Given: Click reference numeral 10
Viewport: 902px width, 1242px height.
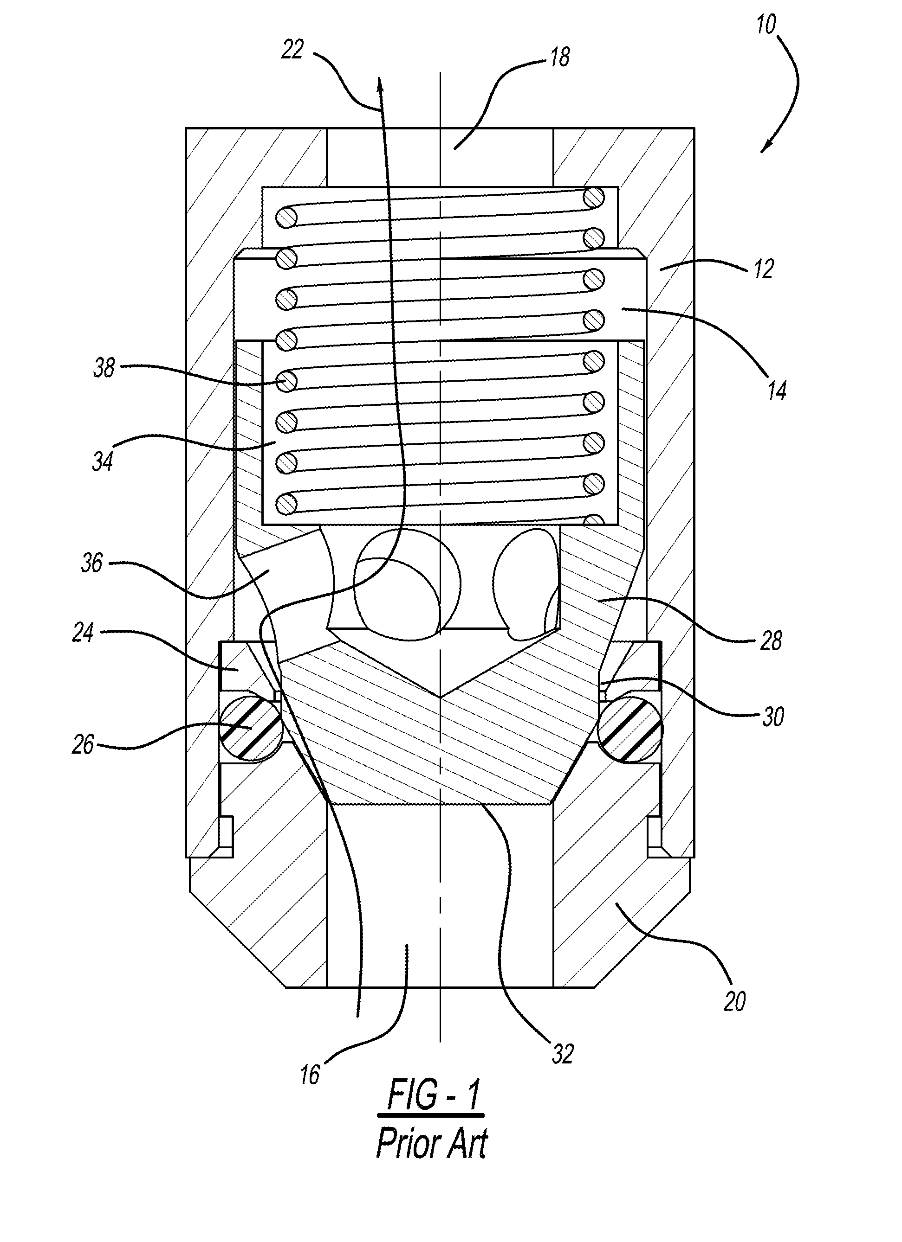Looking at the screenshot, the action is click(766, 25).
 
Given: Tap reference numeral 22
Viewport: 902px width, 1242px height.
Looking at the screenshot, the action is click(292, 50).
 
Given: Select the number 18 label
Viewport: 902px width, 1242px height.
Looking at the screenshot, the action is click(559, 57).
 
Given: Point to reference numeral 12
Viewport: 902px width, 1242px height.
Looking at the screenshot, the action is click(763, 269).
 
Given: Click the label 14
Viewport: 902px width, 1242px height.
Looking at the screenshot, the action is click(777, 391).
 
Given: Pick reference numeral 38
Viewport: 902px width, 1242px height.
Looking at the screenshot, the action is click(104, 367).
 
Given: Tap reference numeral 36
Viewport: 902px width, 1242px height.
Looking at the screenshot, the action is click(91, 563).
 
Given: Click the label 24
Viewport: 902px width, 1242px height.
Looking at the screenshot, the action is click(83, 633).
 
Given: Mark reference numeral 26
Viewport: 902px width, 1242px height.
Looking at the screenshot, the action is click(83, 744).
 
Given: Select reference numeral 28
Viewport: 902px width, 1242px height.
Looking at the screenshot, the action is click(771, 641).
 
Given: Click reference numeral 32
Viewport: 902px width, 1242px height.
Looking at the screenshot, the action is click(563, 1054).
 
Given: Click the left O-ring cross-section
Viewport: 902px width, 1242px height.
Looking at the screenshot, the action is click(250, 726).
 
